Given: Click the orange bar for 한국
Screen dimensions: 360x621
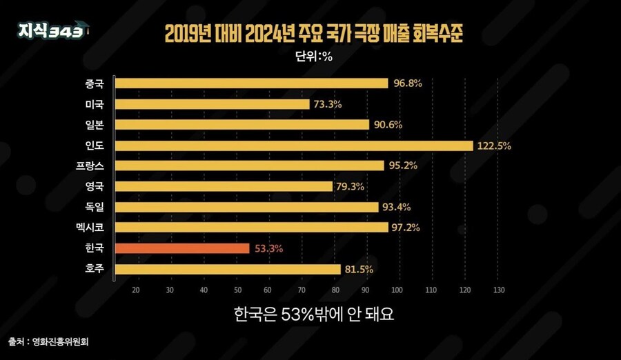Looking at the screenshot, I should click(x=182, y=248).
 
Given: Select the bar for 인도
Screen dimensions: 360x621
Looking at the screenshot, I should click(x=294, y=146).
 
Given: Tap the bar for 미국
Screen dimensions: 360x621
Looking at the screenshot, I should click(x=212, y=104).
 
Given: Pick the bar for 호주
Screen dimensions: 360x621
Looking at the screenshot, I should click(x=228, y=269).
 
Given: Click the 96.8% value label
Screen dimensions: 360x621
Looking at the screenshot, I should click(x=408, y=83).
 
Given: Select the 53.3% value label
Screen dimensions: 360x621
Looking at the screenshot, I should click(x=268, y=248).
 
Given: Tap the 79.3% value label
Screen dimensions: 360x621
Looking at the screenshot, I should click(x=350, y=186).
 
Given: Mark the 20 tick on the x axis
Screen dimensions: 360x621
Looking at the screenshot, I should click(x=136, y=289).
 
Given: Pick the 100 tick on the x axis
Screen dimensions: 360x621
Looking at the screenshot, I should click(x=399, y=289).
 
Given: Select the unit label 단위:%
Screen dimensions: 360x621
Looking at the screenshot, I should click(x=311, y=57).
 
